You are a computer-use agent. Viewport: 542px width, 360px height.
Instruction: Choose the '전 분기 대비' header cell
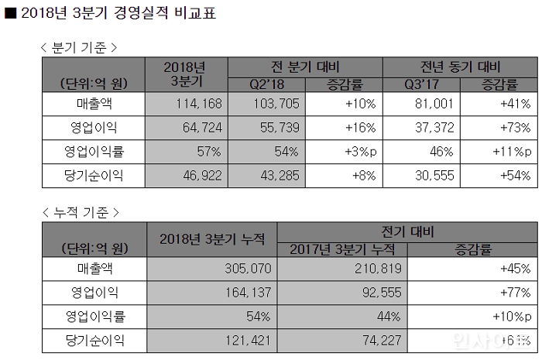(x=305, y=66)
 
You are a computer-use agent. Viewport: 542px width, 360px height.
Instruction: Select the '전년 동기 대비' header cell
(x=461, y=66)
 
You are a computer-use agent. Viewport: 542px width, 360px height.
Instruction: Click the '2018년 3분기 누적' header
(x=211, y=239)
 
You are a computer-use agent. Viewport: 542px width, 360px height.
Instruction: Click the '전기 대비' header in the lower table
(x=407, y=231)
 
